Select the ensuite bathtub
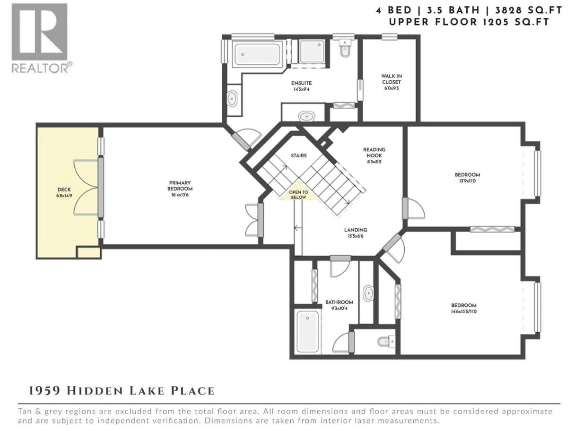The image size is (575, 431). click(257, 54)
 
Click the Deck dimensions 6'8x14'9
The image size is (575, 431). click(64, 196)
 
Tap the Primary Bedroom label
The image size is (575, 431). click(180, 186)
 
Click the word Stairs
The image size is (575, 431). click(299, 155)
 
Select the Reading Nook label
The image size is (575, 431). click(374, 153)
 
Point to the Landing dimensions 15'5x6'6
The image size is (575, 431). click(355, 236)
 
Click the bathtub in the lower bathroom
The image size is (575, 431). click(307, 331)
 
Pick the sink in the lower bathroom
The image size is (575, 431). click(368, 293)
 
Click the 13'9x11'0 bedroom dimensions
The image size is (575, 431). click(467, 181)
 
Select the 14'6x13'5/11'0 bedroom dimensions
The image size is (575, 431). click(463, 311)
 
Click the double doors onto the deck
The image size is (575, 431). click(87, 187)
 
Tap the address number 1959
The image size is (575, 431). click(45, 391)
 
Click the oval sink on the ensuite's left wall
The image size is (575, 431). click(232, 98)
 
